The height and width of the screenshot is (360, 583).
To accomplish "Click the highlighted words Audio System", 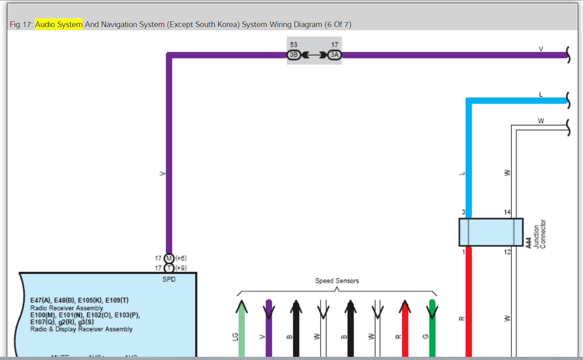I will click(59, 25).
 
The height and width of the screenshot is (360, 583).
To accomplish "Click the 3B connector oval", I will click(294, 55).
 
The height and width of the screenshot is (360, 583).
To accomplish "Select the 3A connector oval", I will click(334, 55).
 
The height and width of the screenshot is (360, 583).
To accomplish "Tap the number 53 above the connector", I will click(294, 45).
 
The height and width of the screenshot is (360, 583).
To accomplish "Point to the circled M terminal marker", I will click(169, 258).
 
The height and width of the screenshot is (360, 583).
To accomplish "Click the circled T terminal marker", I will click(169, 268).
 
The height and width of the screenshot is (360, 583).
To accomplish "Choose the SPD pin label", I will click(169, 279).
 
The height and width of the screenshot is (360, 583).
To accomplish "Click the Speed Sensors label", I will click(337, 281).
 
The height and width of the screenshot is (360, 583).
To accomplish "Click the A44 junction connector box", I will click(491, 232).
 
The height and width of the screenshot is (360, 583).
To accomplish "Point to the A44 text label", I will click(528, 242).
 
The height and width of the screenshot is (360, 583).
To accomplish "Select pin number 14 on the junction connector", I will click(507, 212).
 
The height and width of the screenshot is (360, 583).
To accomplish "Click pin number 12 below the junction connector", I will click(507, 252).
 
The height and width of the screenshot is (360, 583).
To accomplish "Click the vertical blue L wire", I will click(469, 161).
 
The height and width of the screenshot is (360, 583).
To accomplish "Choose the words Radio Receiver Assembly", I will click(67, 308).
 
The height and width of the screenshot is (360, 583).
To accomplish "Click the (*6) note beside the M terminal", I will click(181, 258).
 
